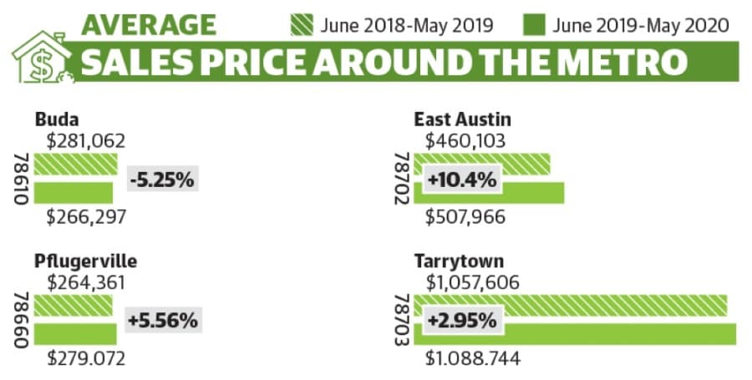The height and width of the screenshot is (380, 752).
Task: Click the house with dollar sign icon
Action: coord(43,58)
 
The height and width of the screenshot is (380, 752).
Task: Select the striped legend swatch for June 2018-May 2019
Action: coord(302,25)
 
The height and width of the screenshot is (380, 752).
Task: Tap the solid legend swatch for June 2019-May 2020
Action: coord(534,25)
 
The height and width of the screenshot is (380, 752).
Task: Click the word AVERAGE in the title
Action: coord(149,24)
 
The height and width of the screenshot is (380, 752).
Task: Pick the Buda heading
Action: coord(57,119)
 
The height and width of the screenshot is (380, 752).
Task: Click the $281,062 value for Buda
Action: coord(86,141)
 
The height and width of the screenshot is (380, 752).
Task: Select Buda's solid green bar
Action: coord(74,193)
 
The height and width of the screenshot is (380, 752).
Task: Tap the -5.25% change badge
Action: coord(163,180)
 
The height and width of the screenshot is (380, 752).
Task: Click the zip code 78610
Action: coord(22,179)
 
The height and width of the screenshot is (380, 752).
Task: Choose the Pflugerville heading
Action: coord(86,261)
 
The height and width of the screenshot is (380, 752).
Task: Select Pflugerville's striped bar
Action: coord(73,305)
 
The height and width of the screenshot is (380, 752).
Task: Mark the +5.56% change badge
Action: coord(164,320)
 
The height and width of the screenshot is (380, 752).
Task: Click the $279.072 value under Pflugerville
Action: coord(86,358)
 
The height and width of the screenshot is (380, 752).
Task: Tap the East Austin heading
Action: coord(462,119)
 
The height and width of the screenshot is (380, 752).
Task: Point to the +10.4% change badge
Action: coord(462,180)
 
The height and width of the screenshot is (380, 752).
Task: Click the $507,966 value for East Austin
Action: coord(465,217)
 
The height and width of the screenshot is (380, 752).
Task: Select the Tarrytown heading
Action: coord(459,261)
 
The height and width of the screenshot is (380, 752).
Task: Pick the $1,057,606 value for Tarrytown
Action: coord(472,283)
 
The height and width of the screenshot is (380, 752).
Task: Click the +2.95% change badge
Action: coord(463,321)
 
